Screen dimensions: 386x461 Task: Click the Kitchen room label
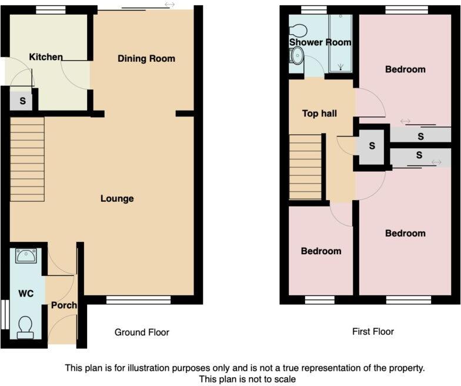tap(46, 57)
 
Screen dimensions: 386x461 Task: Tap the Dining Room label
tap(146, 58)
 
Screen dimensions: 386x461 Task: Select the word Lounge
tap(117, 198)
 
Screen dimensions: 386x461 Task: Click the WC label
tap(25, 292)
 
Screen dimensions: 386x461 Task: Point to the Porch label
tap(63, 305)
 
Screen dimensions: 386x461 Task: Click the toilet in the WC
tap(26, 327)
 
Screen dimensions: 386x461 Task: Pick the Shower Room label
tap(320, 42)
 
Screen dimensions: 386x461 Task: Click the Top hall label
tap(319, 113)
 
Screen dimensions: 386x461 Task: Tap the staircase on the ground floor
tap(28, 159)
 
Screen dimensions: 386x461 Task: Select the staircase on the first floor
tap(306, 167)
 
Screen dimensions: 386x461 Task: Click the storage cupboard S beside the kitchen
tap(22, 101)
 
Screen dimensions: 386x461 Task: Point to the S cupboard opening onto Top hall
tap(372, 146)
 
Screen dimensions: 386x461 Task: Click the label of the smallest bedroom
tap(320, 251)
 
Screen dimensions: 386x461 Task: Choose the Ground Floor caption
tap(142, 332)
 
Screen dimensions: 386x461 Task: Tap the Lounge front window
tap(139, 300)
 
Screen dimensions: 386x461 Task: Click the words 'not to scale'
tap(271, 380)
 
